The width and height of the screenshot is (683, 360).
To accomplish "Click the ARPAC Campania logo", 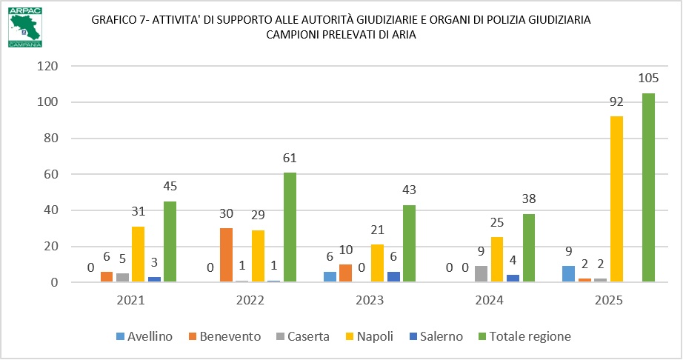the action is tap(25, 27).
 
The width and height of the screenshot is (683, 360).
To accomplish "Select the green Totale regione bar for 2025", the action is tap(648, 187).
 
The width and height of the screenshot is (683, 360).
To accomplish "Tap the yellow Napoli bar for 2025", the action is tap(616, 199).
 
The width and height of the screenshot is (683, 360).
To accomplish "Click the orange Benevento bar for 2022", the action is tap(226, 255).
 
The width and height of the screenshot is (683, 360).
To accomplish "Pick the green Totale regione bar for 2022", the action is tap(290, 227).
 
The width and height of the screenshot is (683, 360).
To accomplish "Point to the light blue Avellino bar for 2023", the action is tap(330, 277).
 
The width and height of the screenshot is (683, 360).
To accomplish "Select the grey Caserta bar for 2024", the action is tap(481, 274).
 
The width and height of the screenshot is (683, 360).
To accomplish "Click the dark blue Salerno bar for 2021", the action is tap(154, 279).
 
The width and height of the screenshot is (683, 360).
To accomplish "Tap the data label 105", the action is tap(648, 79).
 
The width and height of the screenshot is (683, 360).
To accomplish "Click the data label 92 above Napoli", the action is tap(616, 102).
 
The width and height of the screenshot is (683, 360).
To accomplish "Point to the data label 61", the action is tap(290, 158).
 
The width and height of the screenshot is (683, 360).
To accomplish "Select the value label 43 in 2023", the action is tap(409, 190).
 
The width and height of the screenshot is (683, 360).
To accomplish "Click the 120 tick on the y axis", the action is tap(48, 66).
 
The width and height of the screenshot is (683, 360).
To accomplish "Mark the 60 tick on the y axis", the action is tap(51, 174).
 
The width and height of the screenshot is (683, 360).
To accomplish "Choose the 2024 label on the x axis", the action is tap(489, 300).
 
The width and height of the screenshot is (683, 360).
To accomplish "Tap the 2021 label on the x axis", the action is tap(130, 300).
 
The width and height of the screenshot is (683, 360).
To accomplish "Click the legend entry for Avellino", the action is tap(144, 336).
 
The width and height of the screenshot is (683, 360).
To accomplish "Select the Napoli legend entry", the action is tap(370, 336).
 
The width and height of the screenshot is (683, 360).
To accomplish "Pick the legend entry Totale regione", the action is tap(524, 336).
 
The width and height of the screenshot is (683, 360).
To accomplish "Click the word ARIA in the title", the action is tap(404, 35).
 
